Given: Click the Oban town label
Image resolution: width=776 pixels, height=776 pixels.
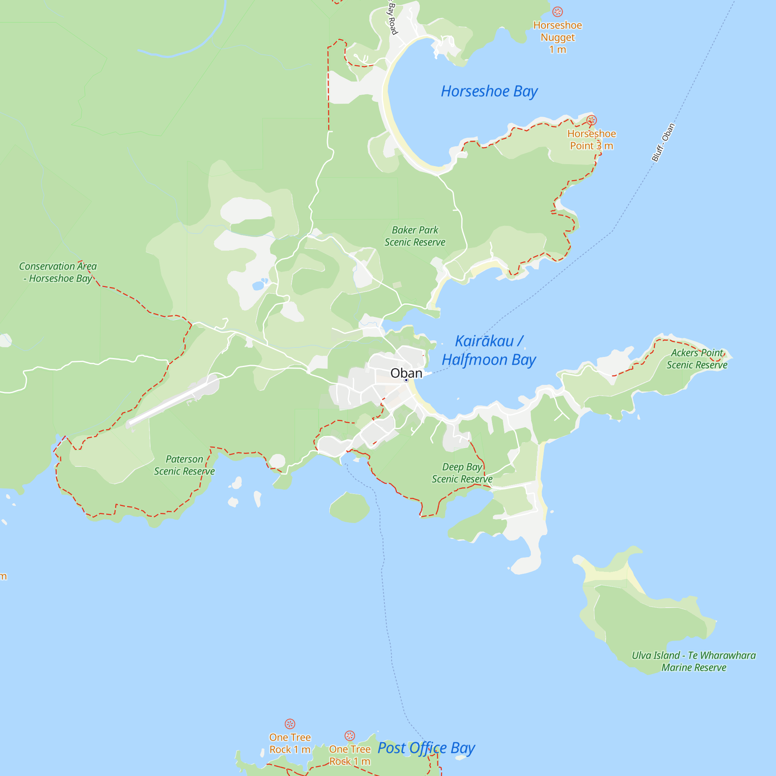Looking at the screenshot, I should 406,373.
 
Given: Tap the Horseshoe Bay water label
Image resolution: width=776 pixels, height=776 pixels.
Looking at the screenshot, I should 489,92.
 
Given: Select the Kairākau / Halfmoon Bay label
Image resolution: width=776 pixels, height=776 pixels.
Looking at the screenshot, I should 489,351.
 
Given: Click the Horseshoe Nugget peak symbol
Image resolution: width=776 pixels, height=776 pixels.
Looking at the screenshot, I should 558,12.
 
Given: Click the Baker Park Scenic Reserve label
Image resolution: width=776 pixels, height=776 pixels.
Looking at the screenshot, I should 415,236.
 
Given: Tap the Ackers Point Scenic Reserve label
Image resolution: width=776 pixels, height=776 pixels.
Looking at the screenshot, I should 697,359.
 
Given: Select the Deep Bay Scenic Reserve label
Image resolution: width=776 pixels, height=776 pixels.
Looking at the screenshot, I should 462,473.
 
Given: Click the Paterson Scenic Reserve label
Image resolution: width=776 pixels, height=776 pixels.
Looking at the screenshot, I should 184,465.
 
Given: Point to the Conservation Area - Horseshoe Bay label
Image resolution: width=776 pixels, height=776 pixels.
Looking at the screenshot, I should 58,272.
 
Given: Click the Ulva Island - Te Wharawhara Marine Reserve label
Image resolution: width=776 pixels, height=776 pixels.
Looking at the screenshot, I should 694,661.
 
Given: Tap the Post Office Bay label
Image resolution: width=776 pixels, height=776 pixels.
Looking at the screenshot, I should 426,748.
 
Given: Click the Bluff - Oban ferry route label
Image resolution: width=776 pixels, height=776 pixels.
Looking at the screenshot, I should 663,142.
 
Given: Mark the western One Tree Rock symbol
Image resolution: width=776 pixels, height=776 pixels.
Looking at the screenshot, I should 290,724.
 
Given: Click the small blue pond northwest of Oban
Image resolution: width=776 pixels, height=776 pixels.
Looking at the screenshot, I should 258,286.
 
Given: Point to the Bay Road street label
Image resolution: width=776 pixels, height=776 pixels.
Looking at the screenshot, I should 392,18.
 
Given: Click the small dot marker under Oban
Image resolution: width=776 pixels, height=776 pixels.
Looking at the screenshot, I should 406,380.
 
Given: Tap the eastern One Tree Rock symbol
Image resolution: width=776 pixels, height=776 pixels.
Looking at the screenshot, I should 350,735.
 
